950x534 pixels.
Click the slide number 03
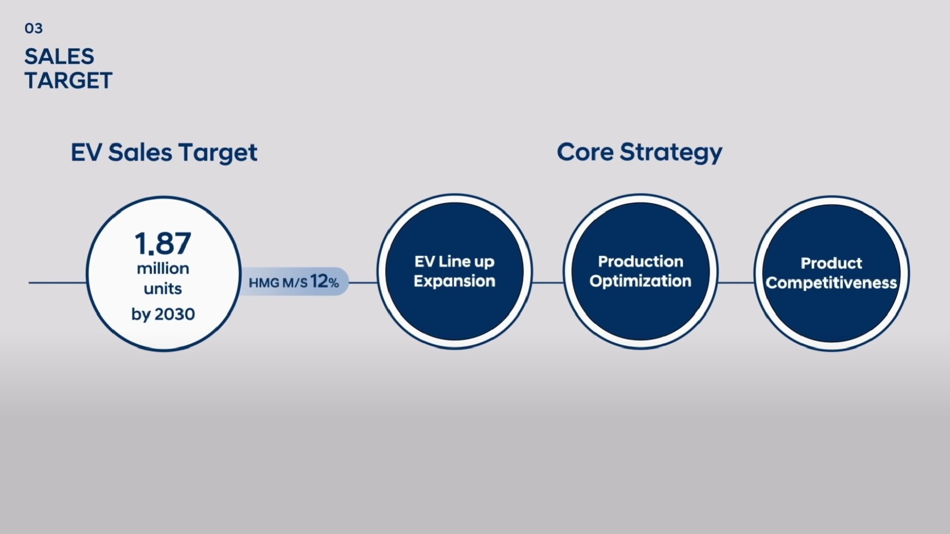pos(34,29)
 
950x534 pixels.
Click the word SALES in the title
pos(59,57)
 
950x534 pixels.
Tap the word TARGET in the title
pos(69,81)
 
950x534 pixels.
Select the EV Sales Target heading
pos(164,152)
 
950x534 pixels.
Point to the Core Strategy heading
pos(640,152)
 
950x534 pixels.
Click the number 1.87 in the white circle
pos(163,243)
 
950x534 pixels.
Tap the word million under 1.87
pos(163,268)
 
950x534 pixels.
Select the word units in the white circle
pos(163,289)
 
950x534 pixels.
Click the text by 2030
pos(163,314)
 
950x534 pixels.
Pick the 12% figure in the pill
pos(325,282)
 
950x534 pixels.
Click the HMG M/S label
pos(278,283)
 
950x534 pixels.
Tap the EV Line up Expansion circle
pos(455,271)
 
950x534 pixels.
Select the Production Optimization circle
pos(641,271)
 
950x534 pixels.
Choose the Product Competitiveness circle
pos(832,273)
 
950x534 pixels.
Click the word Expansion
pos(455,281)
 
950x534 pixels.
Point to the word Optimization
pos(641,281)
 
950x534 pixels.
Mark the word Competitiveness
pos(832,283)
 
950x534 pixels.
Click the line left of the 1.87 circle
pos(57,283)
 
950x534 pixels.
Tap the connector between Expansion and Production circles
pos(548,283)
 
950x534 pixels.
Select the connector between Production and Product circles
pos(736,283)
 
